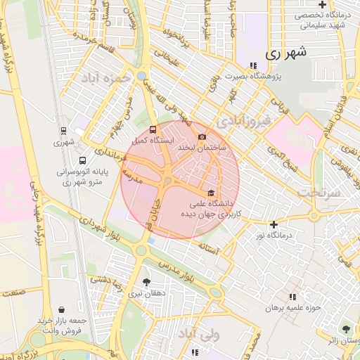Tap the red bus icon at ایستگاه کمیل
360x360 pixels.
(153, 129)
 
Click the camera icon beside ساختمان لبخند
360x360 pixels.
(202, 136)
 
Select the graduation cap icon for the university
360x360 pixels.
(210, 192)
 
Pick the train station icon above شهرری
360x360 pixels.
(64, 130)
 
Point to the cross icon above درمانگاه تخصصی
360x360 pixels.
(321, 5)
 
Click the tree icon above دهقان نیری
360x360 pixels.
(147, 281)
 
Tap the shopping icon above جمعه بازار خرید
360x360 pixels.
(62, 309)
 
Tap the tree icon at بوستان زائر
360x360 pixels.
(345, 329)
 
